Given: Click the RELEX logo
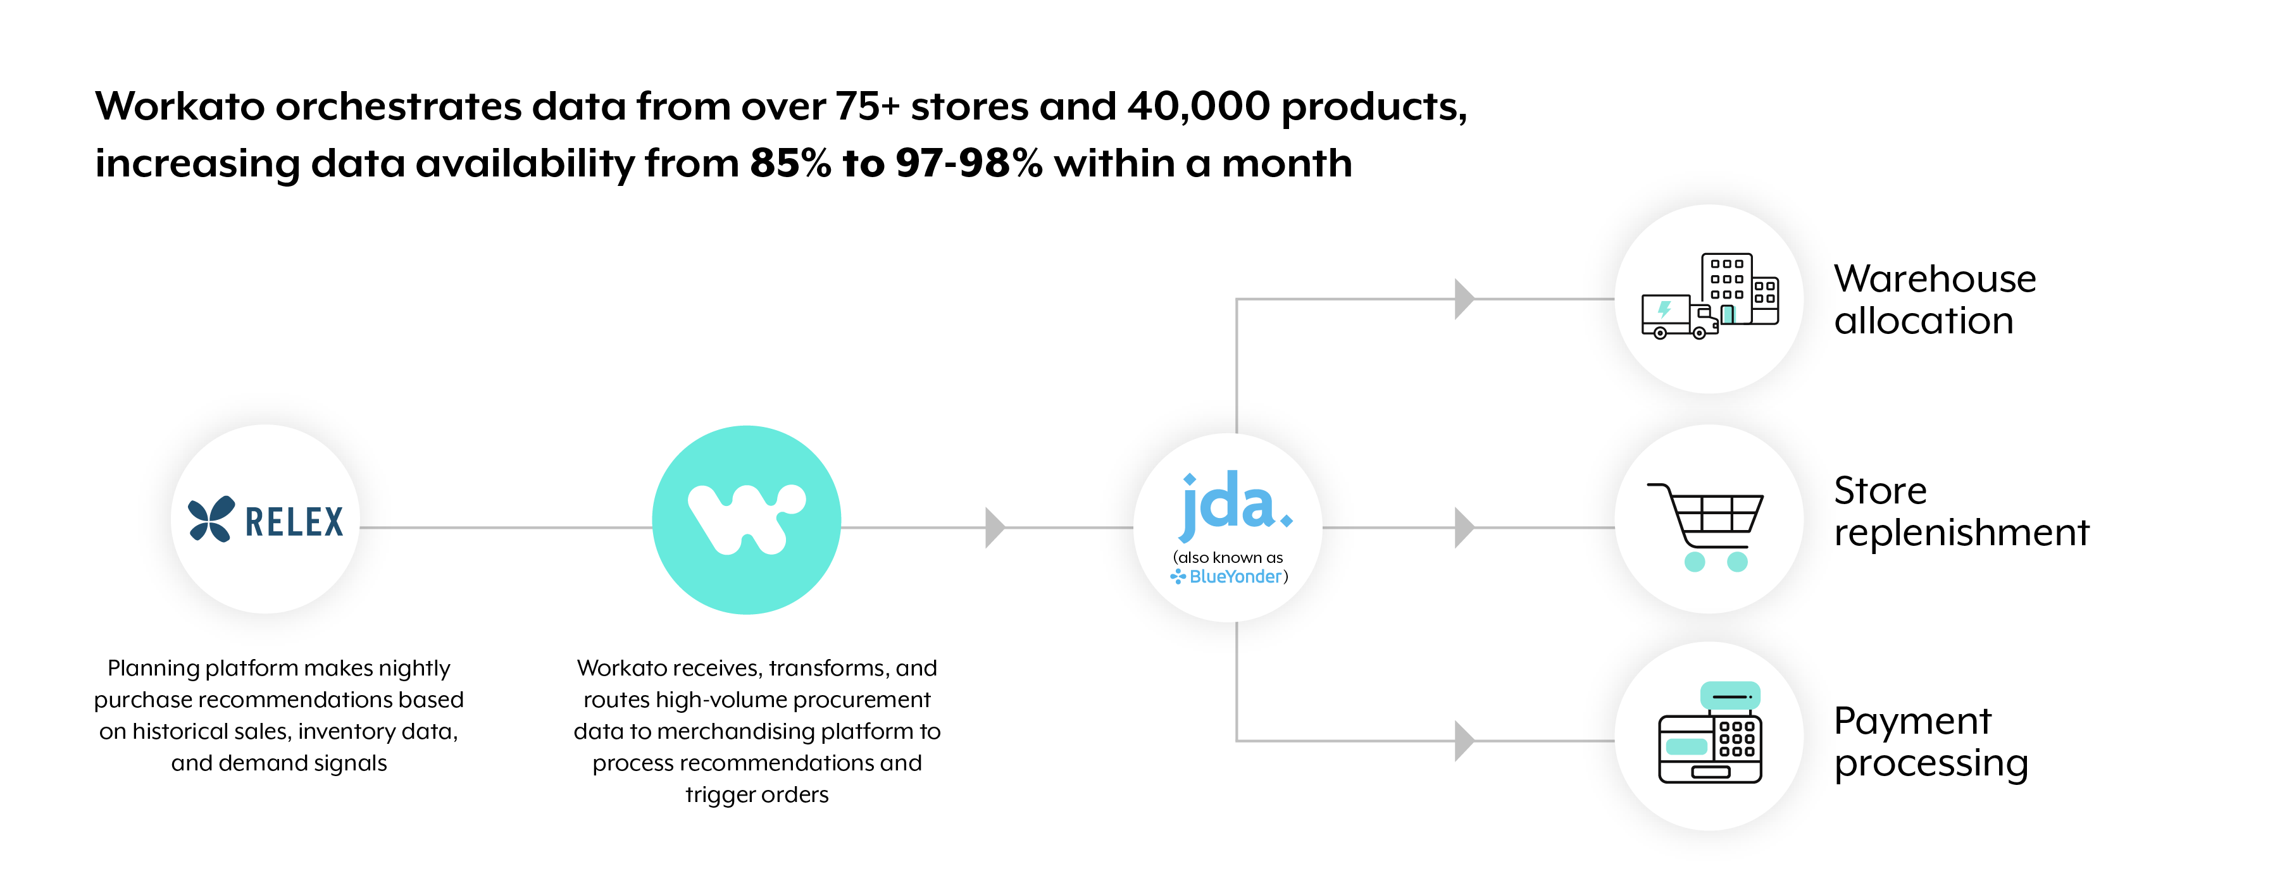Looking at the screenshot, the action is coord(265,519).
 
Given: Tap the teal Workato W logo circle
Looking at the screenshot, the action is coord(746,520).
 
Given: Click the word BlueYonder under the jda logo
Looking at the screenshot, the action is coord(1235,577).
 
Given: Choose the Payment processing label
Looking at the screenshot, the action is coord(1931,743).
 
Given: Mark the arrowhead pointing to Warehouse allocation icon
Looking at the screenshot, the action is coord(1464,299).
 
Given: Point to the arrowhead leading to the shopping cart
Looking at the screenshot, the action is coord(1464,527).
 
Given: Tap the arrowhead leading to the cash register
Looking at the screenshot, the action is coord(1464,740).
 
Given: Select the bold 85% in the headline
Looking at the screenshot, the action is coord(790,163).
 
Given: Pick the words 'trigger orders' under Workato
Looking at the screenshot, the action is coord(757,795).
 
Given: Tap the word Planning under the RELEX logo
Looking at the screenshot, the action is coord(153,669).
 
